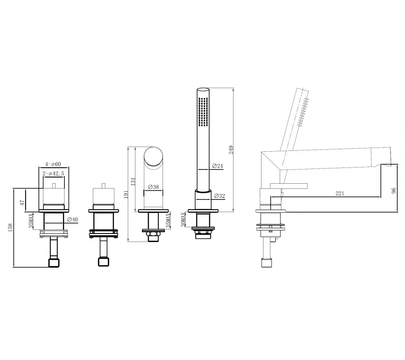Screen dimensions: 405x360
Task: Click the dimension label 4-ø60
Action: (53, 164)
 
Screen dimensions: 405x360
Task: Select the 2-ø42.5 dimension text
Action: (53, 174)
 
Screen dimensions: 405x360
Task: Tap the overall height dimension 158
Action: (10, 228)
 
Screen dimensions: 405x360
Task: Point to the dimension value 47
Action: (22, 203)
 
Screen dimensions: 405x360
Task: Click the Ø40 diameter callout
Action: (72, 219)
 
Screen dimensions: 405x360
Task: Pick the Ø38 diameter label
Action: (153, 187)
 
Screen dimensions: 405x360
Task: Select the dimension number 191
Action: (126, 194)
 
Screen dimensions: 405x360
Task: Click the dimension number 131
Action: (133, 181)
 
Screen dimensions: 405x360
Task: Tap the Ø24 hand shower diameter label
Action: (217, 166)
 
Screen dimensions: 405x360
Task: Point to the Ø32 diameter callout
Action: (220, 196)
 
